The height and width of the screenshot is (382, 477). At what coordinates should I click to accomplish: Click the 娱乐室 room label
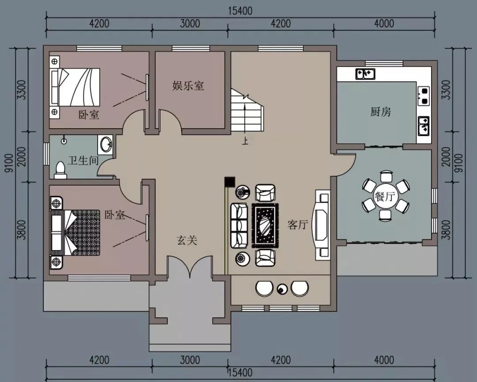(188, 86)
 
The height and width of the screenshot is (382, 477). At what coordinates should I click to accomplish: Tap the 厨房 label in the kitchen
(381, 112)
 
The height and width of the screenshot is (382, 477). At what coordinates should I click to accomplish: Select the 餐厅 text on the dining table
(385, 196)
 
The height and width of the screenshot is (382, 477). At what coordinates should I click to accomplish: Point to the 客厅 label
(298, 225)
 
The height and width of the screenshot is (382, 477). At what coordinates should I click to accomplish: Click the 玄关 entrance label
(187, 241)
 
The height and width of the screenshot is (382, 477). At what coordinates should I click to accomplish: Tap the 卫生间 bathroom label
(83, 160)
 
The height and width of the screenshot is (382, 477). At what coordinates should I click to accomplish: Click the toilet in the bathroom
(60, 171)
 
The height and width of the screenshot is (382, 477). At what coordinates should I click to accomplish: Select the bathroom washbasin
(106, 144)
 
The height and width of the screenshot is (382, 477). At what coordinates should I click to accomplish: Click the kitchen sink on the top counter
(365, 74)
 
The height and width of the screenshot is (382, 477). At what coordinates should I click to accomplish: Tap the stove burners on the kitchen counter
(424, 96)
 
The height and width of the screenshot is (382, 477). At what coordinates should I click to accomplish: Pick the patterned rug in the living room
(265, 225)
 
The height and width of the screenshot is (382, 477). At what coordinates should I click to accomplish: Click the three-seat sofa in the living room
(239, 225)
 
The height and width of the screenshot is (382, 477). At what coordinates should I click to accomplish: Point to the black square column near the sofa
(229, 182)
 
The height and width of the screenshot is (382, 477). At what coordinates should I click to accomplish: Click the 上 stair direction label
(245, 141)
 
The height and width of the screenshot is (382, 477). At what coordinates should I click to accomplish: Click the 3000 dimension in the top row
(190, 23)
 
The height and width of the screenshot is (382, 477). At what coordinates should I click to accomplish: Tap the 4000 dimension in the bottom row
(384, 360)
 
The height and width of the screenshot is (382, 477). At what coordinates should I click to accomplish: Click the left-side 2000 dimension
(22, 157)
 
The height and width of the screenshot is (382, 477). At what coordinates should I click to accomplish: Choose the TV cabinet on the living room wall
(322, 225)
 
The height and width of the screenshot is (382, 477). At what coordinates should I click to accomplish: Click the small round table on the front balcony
(282, 288)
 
